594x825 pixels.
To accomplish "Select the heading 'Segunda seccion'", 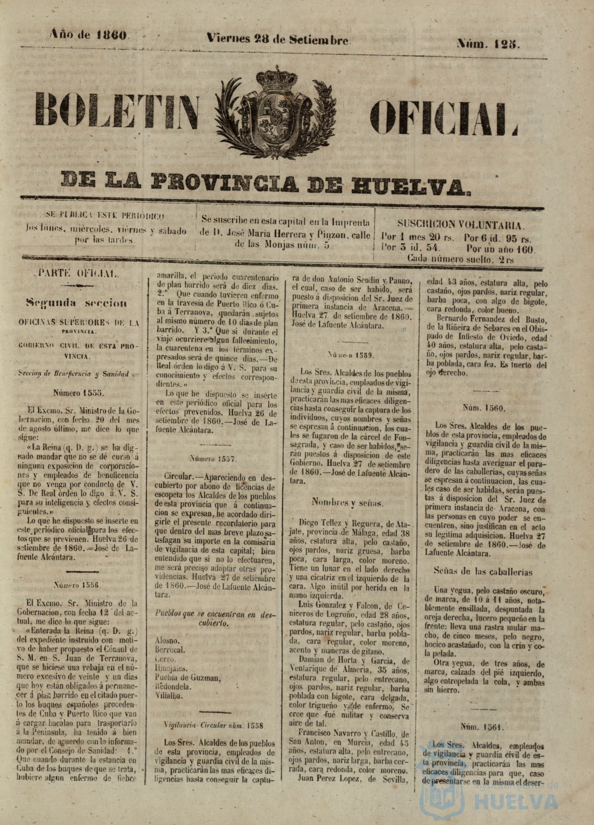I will point(77,303).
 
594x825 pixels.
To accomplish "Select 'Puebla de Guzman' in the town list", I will point(188,678).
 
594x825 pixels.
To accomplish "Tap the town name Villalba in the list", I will point(168,696).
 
